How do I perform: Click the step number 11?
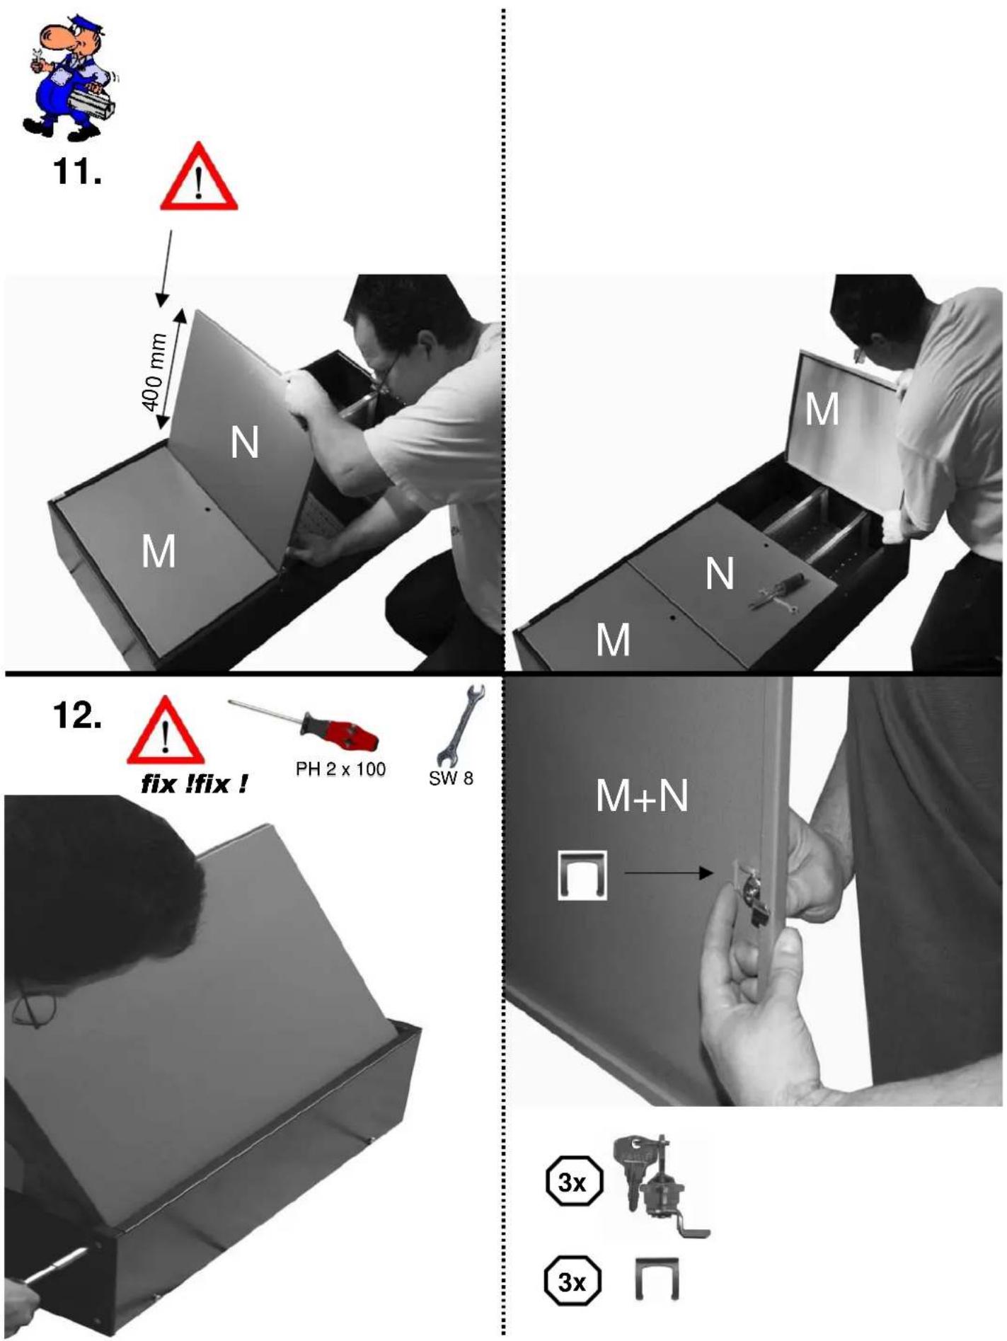[x=78, y=171]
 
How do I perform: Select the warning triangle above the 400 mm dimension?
[x=199, y=177]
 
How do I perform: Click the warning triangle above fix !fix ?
[x=166, y=731]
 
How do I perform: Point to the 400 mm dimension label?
[x=154, y=372]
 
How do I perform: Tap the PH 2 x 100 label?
[x=341, y=769]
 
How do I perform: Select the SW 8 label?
[x=451, y=778]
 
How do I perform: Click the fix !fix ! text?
[x=195, y=784]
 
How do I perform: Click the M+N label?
[x=642, y=795]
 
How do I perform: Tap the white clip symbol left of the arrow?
[x=582, y=875]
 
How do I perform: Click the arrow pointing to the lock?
[x=669, y=873]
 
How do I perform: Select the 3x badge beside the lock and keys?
[x=575, y=1182]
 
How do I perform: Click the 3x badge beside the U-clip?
[x=572, y=1282]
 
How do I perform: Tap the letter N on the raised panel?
[x=245, y=444]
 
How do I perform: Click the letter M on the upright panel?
[x=822, y=409]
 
